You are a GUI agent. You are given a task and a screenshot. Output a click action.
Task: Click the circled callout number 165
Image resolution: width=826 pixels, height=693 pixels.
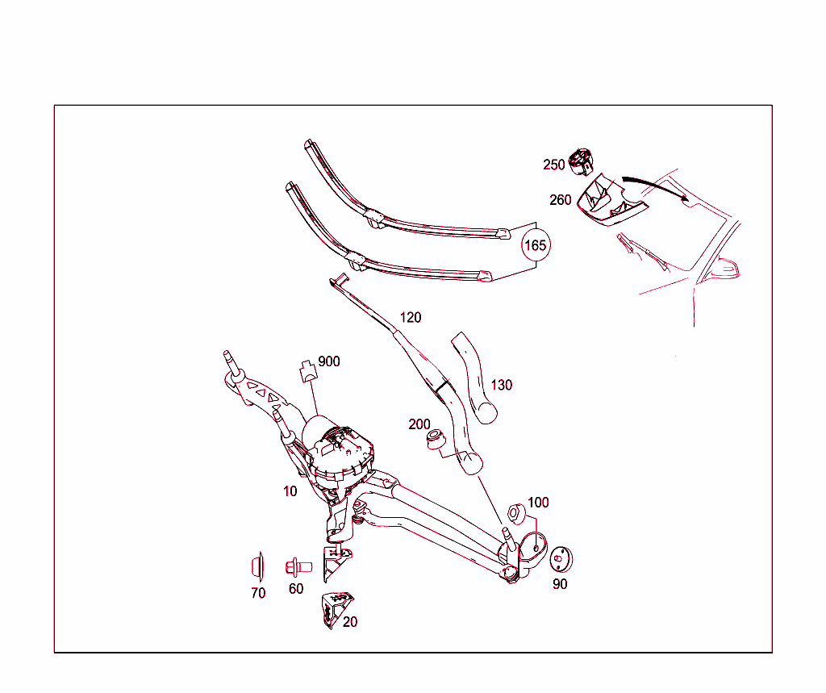536,244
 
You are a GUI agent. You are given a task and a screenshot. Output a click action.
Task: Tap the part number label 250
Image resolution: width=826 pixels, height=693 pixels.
554,165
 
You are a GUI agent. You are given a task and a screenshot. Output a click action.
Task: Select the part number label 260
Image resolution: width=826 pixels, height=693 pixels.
561,200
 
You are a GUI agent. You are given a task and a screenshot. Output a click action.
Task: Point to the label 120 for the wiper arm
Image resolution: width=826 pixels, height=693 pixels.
411,318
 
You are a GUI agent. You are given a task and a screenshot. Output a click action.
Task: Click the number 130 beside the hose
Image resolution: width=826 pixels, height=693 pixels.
502,386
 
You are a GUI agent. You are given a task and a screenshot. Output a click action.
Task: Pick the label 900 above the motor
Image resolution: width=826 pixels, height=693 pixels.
329,361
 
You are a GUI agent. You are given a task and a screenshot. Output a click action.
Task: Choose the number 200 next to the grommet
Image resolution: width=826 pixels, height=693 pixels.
419,424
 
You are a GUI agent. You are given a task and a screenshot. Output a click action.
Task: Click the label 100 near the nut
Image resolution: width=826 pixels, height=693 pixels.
538,503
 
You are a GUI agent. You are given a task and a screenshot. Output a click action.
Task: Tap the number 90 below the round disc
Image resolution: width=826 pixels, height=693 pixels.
560,584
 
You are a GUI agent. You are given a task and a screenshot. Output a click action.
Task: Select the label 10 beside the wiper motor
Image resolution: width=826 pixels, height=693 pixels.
290,491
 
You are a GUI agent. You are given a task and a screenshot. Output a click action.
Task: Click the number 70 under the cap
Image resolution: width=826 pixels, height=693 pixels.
258,594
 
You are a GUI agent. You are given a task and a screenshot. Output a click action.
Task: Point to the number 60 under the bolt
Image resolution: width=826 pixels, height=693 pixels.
296,589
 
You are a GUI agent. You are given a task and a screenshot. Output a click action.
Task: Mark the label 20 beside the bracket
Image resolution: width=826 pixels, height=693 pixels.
350,622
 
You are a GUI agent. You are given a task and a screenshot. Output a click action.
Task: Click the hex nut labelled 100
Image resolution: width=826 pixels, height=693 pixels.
516,514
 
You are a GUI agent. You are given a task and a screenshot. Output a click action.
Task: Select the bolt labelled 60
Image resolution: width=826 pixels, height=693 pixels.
298,566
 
